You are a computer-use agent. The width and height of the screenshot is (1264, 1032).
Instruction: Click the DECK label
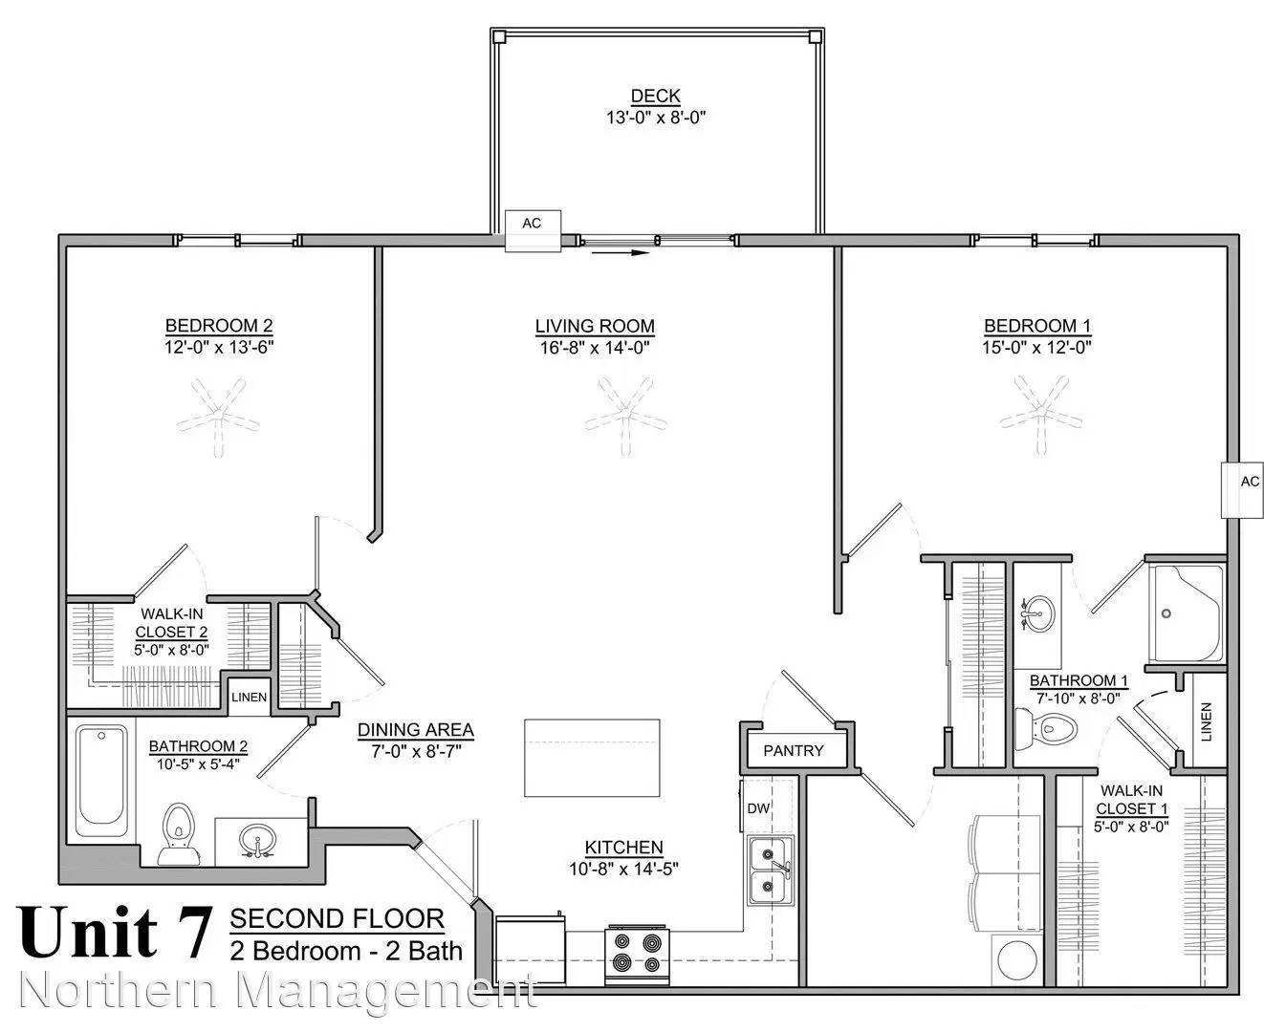656,96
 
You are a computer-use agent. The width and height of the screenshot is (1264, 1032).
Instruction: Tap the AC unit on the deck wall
533,230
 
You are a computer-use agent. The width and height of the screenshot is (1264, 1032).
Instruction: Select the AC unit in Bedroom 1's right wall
1242,490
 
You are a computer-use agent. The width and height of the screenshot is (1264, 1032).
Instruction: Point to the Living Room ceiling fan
625,416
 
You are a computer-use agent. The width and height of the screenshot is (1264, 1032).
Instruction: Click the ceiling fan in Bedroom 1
1041,415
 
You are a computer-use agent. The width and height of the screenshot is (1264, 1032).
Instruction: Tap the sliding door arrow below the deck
621,253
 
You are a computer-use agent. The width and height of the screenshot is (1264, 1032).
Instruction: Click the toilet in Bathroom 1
1046,728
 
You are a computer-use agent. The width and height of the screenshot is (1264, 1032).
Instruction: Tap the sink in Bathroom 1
1037,613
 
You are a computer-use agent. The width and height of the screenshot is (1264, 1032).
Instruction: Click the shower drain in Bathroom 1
1166,613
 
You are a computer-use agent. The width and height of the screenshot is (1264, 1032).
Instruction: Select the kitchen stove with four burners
637,955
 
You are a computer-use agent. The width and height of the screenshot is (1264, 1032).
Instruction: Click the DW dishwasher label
758,808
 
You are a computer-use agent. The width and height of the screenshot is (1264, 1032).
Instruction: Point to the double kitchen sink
770,871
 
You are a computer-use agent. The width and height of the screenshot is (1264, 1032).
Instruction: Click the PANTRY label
794,750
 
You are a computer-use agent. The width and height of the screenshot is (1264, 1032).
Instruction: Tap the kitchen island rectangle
592,758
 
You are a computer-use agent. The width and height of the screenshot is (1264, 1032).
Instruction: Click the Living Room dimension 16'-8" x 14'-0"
595,348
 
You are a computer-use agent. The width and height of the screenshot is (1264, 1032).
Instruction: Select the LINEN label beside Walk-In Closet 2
249,698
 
